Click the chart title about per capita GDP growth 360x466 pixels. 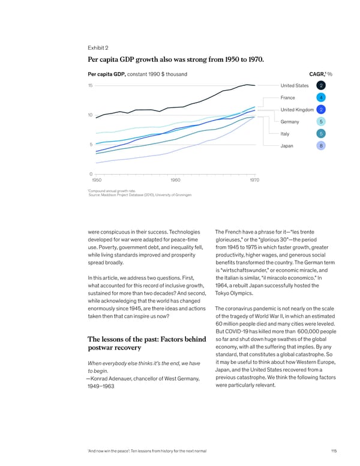(x=175, y=59)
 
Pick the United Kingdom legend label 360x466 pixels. (x=297, y=109)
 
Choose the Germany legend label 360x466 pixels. (x=290, y=122)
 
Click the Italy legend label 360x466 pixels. (x=285, y=133)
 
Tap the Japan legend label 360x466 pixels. (x=287, y=145)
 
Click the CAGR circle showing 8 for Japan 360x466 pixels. (x=322, y=145)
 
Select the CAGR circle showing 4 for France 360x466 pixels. (x=322, y=97)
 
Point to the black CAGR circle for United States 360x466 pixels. (x=322, y=85)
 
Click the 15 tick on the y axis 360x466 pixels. (x=90, y=85)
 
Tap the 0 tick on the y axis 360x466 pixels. (x=91, y=174)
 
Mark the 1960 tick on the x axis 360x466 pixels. (x=176, y=180)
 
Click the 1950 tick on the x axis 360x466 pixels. (x=97, y=180)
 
